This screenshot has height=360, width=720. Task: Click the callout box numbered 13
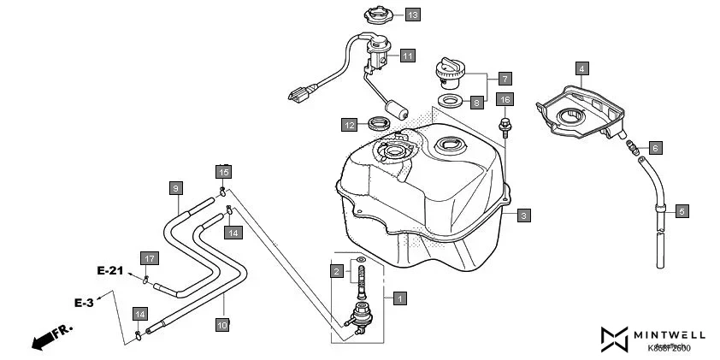coord(412,15)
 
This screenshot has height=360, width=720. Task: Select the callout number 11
coord(408,56)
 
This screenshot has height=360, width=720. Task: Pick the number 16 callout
coord(505,100)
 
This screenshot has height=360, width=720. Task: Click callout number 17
coord(149,258)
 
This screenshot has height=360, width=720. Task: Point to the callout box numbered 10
coord(221,324)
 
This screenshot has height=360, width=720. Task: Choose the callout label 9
coord(174,187)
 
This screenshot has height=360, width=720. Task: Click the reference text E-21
coord(110,271)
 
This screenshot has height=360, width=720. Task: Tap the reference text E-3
coord(83,303)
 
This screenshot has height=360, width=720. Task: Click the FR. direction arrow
coord(52,337)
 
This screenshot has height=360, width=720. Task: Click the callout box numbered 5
coord(682,210)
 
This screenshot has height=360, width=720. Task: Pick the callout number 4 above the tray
coord(581,68)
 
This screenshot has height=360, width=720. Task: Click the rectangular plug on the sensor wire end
coord(300,92)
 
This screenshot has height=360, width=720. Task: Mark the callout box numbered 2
coord(337,271)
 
